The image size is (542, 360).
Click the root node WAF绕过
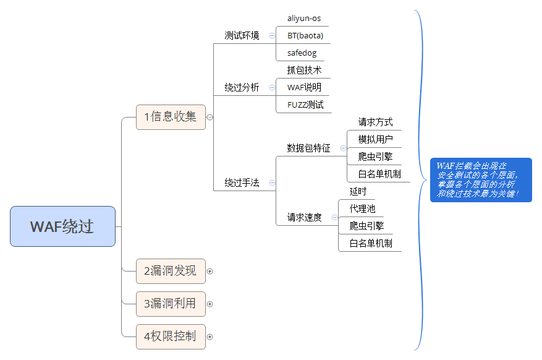tap(62, 226)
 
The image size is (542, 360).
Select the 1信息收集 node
tap(171, 116)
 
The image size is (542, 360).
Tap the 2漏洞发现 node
tap(171, 271)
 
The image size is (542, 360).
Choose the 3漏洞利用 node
tap(171, 304)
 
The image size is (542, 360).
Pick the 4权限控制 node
tap(171, 336)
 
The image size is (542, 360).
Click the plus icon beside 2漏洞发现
tap(210, 271)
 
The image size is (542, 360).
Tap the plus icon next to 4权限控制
tap(210, 337)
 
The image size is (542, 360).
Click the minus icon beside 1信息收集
tap(210, 117)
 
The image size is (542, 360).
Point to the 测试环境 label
tap(242, 35)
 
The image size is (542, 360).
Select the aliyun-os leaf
tap(304, 19)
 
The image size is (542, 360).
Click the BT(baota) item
tap(305, 36)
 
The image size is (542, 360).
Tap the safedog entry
tap(302, 53)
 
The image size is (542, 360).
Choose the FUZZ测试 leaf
tap(305, 105)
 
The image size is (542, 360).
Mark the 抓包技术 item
tap(304, 71)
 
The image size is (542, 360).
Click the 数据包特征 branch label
tap(308, 148)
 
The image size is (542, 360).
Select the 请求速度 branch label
tap(304, 218)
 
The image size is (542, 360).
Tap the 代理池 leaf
tap(362, 209)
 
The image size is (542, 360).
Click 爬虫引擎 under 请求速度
tap(366, 226)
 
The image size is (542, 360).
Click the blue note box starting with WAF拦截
tap(481, 179)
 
